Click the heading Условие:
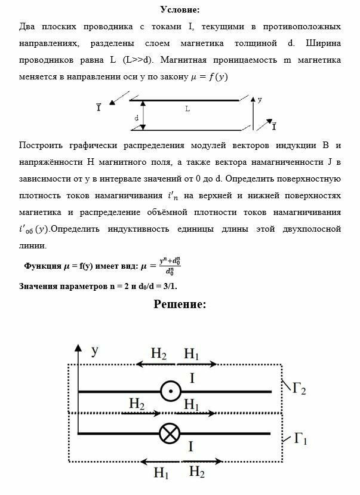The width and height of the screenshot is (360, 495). pos(180,10)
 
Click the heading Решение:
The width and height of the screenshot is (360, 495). pos(180,304)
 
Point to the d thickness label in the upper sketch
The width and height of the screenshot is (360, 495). pos(137,118)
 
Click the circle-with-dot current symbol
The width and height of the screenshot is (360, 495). pos(171,392)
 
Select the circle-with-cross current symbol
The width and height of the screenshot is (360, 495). pos(171,433)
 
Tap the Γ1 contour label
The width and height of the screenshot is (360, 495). pos(300,440)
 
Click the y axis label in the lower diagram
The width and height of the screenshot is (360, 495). pos(94,352)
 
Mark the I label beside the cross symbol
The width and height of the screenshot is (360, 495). pos(190,447)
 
